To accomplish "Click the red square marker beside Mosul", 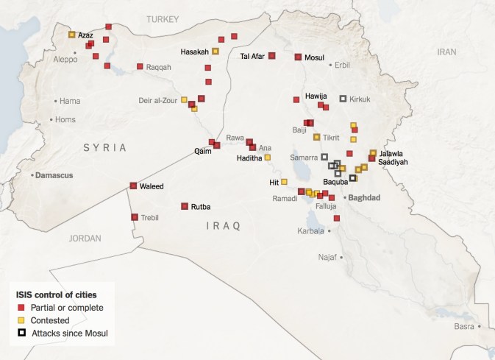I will pyautogui.click(x=298, y=57).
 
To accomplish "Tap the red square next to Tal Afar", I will pyautogui.click(x=271, y=55).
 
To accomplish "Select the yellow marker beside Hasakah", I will pyautogui.click(x=216, y=52).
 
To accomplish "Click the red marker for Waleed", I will pyautogui.click(x=133, y=186).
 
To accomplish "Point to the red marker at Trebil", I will pyautogui.click(x=135, y=217).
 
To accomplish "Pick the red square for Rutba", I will pyautogui.click(x=185, y=206).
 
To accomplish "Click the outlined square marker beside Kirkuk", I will pyautogui.click(x=343, y=99).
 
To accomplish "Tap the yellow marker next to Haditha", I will pyautogui.click(x=267, y=158).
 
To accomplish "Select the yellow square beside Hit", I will pyautogui.click(x=284, y=182).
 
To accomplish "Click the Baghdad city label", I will pyautogui.click(x=364, y=197).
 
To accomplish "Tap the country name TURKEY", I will pyautogui.click(x=163, y=20).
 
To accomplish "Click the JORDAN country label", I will pyautogui.click(x=85, y=238).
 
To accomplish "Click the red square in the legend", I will pyautogui.click(x=22, y=307).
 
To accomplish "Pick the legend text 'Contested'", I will pyautogui.click(x=51, y=320).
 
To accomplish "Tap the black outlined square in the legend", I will pyautogui.click(x=22, y=333).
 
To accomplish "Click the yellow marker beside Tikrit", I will pyautogui.click(x=317, y=137).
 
